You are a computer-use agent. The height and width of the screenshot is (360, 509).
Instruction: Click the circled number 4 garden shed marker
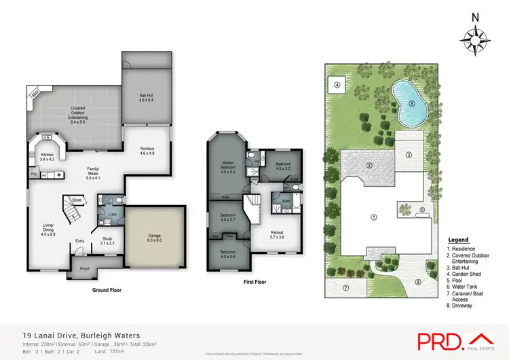tap(337, 86)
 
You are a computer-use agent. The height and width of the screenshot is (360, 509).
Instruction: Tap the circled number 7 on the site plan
tap(345, 287)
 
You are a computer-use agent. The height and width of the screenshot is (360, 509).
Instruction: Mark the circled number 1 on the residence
tap(373, 217)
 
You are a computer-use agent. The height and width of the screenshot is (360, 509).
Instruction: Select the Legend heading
tap(458, 240)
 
